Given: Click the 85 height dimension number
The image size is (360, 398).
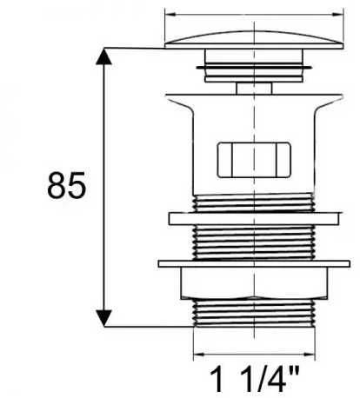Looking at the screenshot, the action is coord(67,185).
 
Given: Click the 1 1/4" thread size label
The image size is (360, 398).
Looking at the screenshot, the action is coord(254,380).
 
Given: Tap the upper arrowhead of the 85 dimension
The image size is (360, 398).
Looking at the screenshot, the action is coord(103,56).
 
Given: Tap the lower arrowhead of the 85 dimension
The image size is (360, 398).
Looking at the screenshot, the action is coord(103,318).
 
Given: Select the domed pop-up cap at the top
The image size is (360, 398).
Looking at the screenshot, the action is coord(254,39).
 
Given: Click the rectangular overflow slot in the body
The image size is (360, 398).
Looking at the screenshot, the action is coord(254,160).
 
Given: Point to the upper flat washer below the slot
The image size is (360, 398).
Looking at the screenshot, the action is coord(254,219).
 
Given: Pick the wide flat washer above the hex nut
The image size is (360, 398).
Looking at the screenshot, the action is coord(254,264).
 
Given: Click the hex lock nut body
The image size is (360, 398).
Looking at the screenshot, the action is coord(254,283).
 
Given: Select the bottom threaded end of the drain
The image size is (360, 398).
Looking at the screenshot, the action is coord(254,313).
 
